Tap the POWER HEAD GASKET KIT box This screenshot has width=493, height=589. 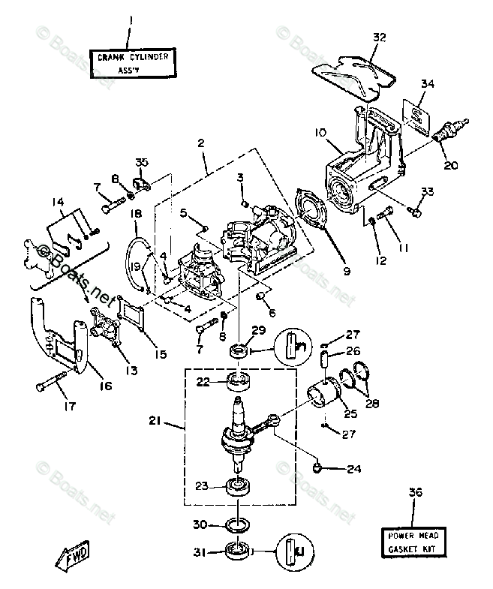(x=412, y=542)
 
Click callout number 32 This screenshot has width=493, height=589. (x=379, y=37)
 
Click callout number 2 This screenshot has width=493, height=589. (x=201, y=142)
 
